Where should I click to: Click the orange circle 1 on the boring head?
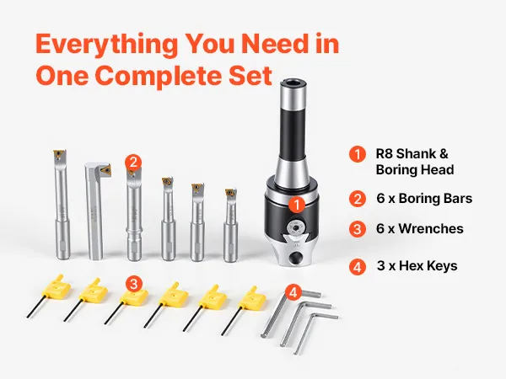pos(297,205)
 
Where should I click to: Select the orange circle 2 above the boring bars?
pos(133,162)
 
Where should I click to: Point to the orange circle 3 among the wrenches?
pos(133,285)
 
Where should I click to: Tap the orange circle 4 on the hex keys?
pos(293,292)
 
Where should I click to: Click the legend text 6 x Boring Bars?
pos(424,199)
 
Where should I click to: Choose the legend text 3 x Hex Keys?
pos(417,266)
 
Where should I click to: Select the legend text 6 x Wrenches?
pos(420,229)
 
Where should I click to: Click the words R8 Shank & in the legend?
pos(412,154)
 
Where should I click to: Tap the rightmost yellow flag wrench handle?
pos(252,296)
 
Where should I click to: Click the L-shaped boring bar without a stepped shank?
pos(95,211)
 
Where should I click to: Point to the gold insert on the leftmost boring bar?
pos(59,154)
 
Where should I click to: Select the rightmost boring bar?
pos(231,225)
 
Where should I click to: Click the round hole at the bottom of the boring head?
pos(295,258)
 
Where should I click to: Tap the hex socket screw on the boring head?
pos(296,227)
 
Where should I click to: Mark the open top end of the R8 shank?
pos(293,82)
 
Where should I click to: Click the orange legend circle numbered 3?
pos(358,229)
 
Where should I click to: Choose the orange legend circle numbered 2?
pos(358,199)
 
